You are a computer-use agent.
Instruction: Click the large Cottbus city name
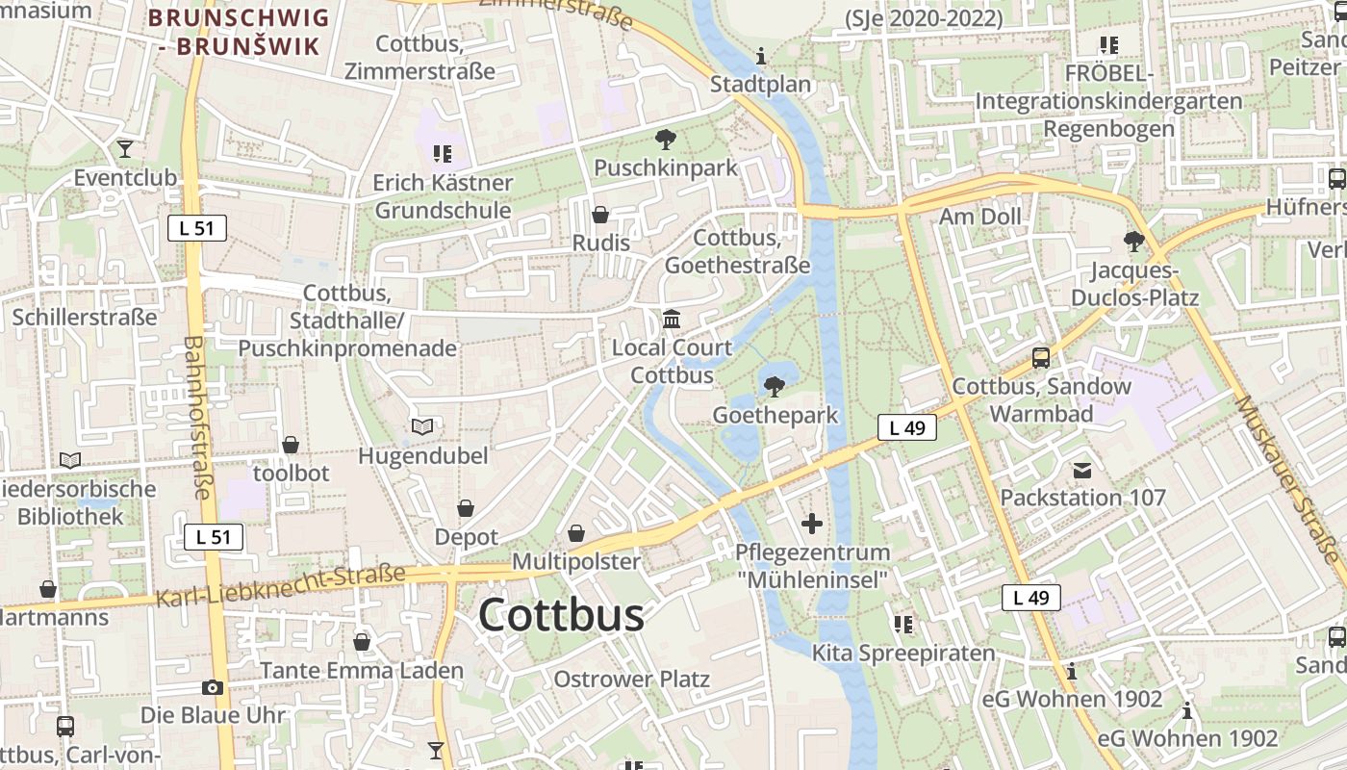click(561, 615)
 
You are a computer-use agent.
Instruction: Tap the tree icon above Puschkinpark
click(665, 140)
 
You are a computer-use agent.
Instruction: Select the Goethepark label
click(775, 415)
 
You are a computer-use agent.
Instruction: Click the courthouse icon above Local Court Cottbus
click(672, 319)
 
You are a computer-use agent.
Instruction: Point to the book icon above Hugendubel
click(422, 426)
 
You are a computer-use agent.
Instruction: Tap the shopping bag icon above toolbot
click(291, 445)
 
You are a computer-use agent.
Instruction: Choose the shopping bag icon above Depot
click(466, 507)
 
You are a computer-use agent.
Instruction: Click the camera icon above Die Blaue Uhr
click(213, 687)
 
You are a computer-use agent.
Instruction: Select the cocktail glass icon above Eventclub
click(124, 149)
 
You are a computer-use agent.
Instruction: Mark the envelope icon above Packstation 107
click(1082, 470)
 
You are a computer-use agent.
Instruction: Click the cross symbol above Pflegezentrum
click(812, 524)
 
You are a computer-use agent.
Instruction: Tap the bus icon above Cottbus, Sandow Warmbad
click(1041, 358)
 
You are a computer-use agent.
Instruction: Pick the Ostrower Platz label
click(631, 680)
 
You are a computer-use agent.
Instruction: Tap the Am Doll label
click(980, 217)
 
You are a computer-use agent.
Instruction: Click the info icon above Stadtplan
click(761, 56)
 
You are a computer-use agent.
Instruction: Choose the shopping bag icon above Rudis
click(600, 214)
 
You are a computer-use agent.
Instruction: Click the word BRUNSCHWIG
click(239, 17)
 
